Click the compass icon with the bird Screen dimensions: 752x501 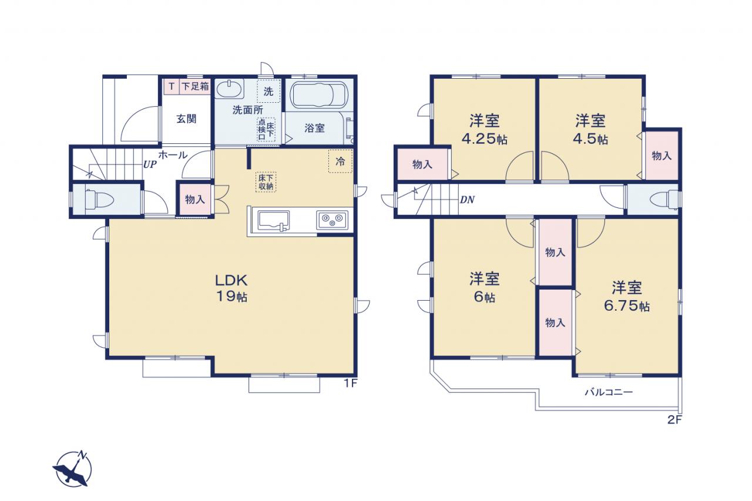[x=72, y=469]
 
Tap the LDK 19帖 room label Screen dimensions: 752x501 [x=231, y=288]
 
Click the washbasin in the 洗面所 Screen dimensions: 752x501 [x=229, y=89]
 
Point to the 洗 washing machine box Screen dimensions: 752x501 [x=268, y=91]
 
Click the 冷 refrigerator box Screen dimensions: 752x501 [x=340, y=161]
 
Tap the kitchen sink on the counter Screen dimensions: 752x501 [x=273, y=220]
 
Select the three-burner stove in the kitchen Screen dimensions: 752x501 [x=332, y=220]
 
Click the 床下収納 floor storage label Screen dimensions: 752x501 [x=266, y=182]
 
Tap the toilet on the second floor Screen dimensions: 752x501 [x=664, y=200]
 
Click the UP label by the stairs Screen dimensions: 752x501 [x=150, y=165]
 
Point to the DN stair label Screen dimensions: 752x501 [x=467, y=200]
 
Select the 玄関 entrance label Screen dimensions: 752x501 [x=186, y=119]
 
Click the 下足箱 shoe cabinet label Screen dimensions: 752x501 [x=196, y=86]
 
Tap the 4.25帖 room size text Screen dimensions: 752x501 [x=485, y=139]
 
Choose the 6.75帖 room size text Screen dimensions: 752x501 [x=627, y=305]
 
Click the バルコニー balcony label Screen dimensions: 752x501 [x=609, y=392]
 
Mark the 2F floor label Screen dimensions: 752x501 [x=674, y=420]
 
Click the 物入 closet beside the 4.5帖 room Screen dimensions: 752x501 [x=662, y=156]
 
